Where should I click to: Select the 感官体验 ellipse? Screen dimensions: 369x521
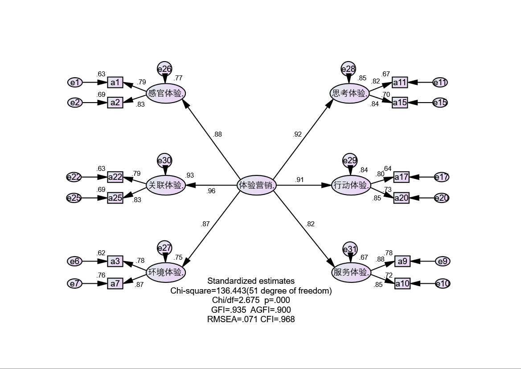166,93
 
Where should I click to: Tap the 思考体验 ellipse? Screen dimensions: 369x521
350,94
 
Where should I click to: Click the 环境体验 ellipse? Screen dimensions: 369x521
166,272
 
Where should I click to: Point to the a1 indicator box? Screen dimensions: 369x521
115,82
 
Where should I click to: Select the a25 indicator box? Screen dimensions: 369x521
115,197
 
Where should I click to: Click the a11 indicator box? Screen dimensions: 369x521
400,82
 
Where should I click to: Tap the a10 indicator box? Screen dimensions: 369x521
402,283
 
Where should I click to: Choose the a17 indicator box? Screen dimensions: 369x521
401,177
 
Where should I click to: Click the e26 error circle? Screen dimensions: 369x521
164,69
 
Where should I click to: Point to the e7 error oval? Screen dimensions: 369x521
75,283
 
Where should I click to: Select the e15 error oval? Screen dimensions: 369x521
440,103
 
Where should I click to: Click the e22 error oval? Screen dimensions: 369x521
74,177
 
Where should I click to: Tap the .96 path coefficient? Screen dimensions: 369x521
211,191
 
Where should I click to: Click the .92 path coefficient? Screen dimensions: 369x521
297,134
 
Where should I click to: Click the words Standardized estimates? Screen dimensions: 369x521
251,281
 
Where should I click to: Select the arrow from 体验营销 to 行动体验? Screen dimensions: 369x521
303,185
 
